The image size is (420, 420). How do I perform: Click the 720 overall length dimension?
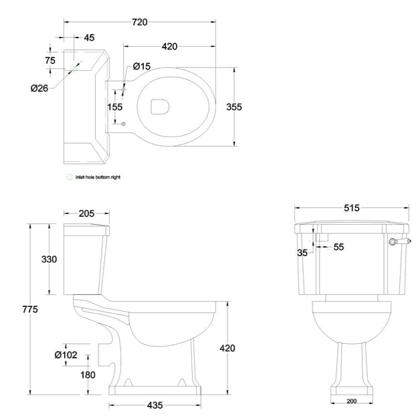pos(139,22)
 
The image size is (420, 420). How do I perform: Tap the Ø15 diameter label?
pos(141,66)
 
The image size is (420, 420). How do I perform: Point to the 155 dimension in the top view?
pos(114,106)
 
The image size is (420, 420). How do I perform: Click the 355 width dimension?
pos(252,106)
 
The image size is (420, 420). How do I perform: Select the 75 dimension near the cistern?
pos(49,60)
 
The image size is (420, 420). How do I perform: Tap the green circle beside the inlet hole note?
pos(68,177)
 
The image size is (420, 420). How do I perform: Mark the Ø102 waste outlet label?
pos(65,354)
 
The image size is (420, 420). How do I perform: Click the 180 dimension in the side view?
pos(88,375)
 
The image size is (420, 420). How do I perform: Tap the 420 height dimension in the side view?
pos(227,348)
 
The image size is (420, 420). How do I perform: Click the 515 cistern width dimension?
pos(352,208)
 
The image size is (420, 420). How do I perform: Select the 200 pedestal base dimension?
pos(352,401)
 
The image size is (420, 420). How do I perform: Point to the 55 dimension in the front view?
pos(338,247)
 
